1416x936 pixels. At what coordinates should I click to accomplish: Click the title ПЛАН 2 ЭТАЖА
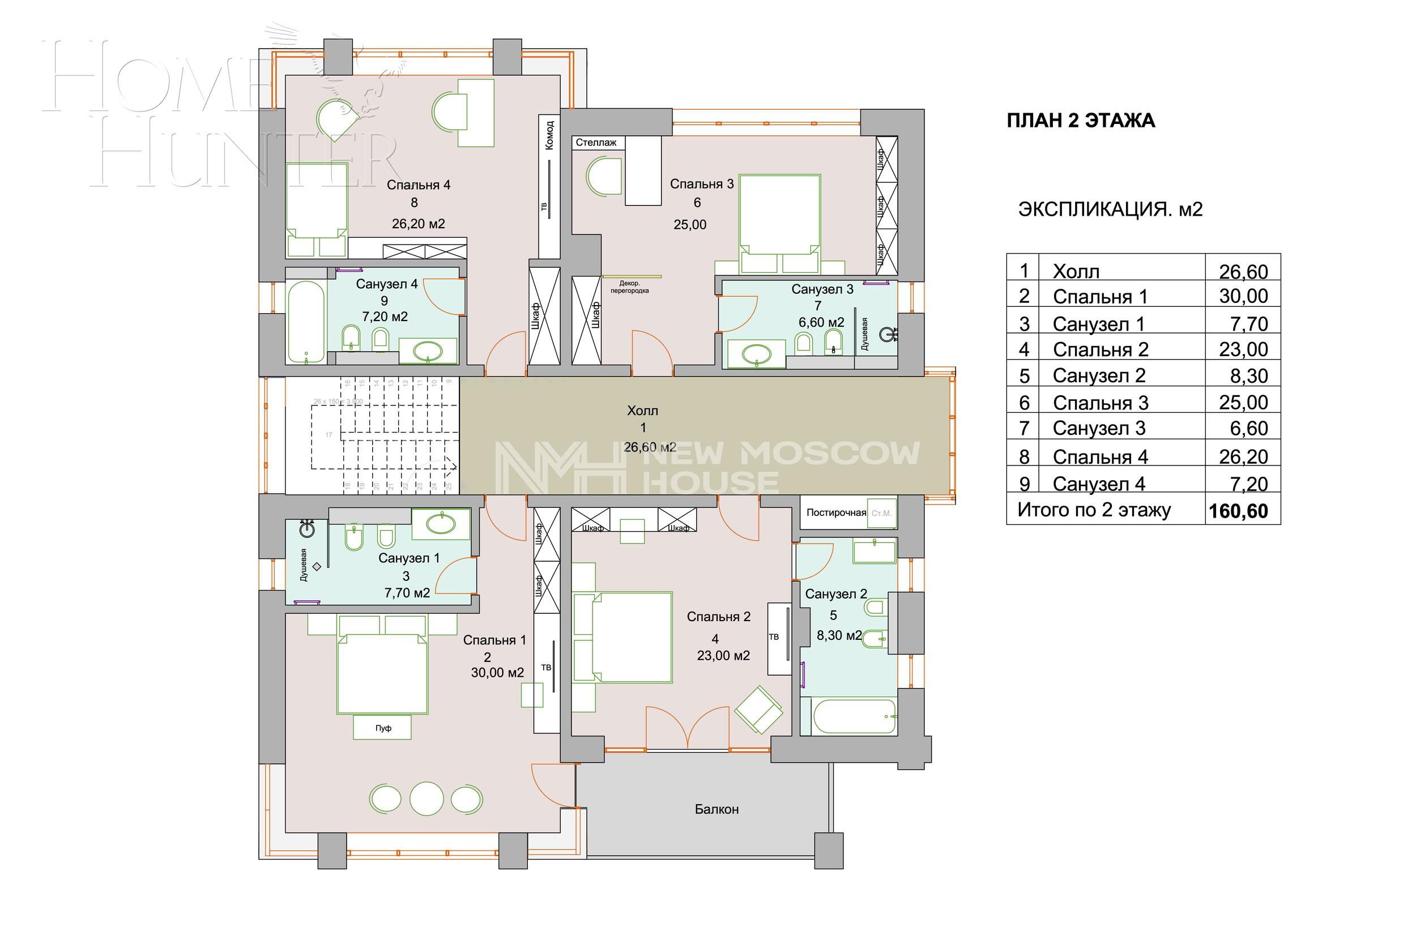1081,121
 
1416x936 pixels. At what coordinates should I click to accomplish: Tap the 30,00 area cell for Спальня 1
1243,296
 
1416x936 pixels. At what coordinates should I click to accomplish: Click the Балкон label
716,810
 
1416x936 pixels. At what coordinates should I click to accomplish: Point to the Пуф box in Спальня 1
383,728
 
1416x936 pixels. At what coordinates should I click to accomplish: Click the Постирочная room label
836,512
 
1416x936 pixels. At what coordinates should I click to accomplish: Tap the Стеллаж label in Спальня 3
596,143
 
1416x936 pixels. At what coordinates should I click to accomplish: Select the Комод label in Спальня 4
550,135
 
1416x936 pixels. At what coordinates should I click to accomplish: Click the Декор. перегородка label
629,287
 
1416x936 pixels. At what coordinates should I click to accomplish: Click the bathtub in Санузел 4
306,322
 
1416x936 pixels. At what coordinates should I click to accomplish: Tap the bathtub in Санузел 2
854,716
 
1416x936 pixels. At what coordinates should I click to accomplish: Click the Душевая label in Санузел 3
865,334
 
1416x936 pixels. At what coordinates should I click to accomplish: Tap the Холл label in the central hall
642,411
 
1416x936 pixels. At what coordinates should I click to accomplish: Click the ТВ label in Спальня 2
774,637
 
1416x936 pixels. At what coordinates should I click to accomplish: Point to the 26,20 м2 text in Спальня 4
418,224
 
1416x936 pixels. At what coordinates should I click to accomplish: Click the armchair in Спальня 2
758,709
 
